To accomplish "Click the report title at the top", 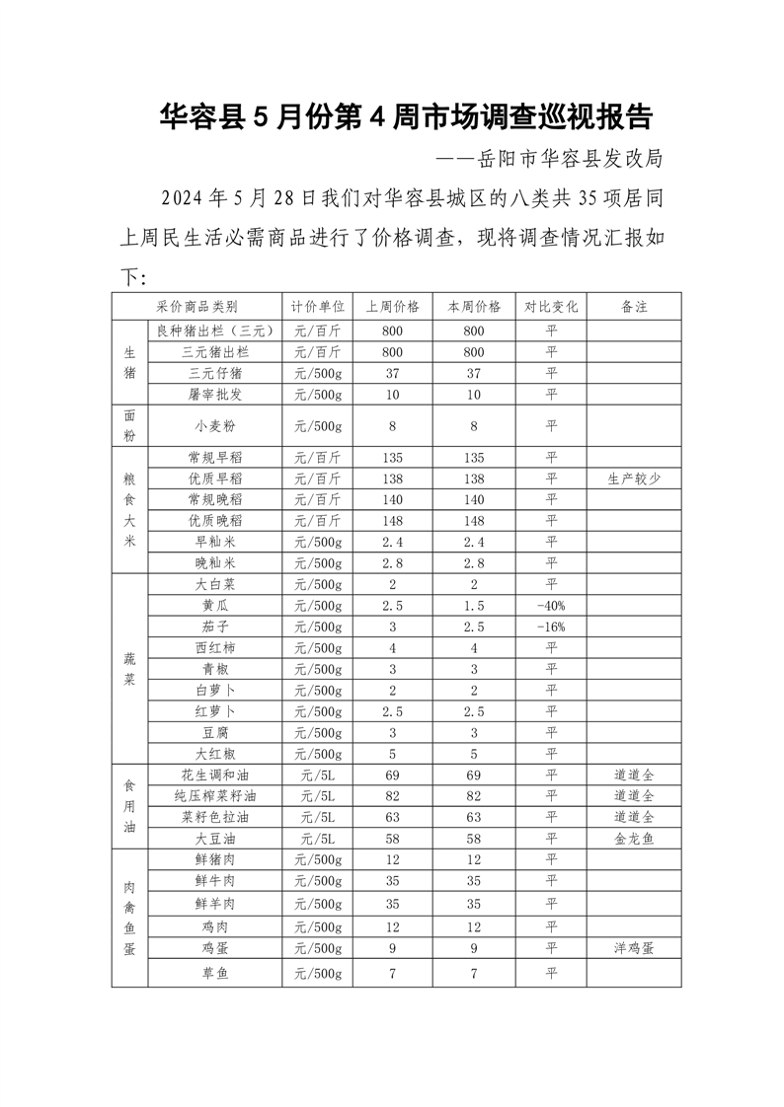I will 406,117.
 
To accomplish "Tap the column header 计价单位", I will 318,307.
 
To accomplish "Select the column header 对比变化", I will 551,307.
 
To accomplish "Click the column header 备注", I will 634,307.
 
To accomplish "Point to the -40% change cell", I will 551,606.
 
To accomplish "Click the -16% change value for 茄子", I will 551,627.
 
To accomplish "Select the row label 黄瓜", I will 214,606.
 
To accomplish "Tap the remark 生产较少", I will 634,479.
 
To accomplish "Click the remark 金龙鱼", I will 634,839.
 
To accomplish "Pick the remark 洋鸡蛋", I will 634,948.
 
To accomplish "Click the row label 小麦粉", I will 214,426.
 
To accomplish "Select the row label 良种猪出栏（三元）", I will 214,331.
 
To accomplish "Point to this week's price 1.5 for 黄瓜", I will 474,606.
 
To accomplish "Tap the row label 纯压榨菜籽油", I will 214,796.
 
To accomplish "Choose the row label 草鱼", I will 214,974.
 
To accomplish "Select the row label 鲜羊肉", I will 214,904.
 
